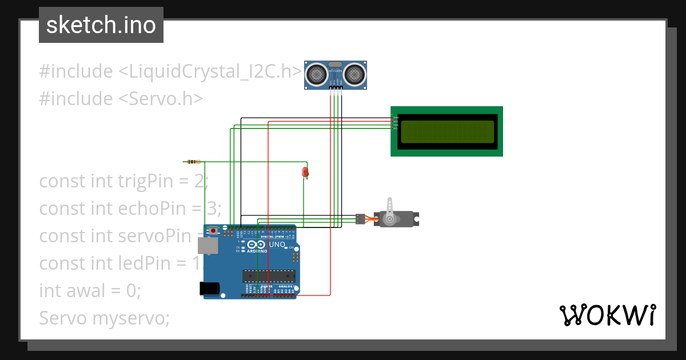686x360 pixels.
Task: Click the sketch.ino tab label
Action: pyautogui.click(x=101, y=25)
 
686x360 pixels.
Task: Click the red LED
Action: pyautogui.click(x=306, y=172)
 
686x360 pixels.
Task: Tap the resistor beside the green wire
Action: pyautogui.click(x=193, y=162)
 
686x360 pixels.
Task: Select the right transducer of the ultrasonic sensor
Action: pyautogui.click(x=354, y=74)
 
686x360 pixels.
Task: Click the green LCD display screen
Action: pyautogui.click(x=446, y=131)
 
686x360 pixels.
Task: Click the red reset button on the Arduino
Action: pyautogui.click(x=214, y=231)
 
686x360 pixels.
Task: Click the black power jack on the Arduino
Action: pyautogui.click(x=210, y=289)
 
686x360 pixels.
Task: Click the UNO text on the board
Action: pyautogui.click(x=277, y=245)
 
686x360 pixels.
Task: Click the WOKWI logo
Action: pyautogui.click(x=607, y=315)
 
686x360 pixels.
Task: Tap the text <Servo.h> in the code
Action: pyautogui.click(x=161, y=99)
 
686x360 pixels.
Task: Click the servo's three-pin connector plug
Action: pyautogui.click(x=360, y=218)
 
